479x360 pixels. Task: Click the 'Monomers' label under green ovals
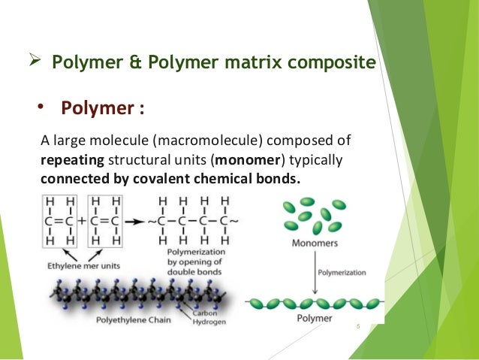(x=315, y=244)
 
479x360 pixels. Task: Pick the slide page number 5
(x=358, y=325)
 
